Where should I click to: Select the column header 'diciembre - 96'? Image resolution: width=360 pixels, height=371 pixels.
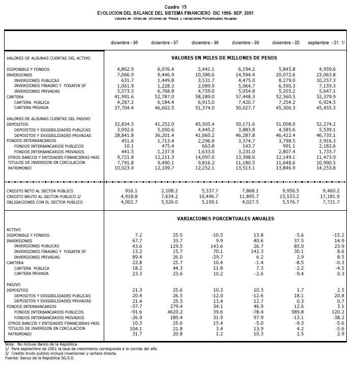click(x=125, y=42)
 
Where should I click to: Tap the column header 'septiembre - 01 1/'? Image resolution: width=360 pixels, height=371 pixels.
click(x=325, y=42)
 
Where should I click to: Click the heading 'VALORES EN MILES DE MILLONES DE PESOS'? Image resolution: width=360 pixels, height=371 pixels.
click(x=224, y=59)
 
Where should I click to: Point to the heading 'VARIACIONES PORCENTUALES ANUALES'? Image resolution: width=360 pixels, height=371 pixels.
click(x=225, y=218)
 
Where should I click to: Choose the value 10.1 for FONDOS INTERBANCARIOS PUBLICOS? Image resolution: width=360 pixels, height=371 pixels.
click(x=129, y=146)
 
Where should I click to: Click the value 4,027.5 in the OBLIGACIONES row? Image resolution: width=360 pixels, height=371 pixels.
click(x=250, y=202)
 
